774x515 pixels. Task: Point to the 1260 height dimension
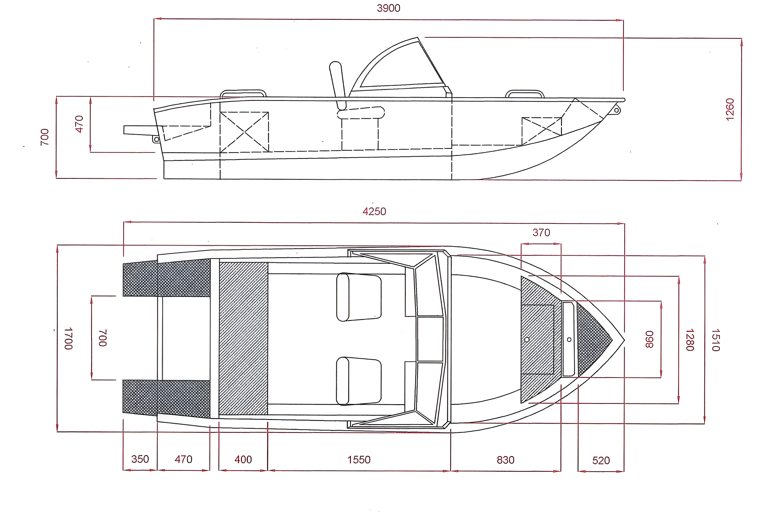[x=730, y=109]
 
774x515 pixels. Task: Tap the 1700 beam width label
[x=68, y=338]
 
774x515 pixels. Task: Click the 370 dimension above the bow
[x=541, y=233]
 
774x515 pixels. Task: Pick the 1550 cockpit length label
[x=359, y=459]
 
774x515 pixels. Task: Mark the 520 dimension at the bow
[x=601, y=460]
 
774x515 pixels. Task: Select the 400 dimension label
[x=243, y=459]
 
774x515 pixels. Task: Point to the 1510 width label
[x=715, y=340]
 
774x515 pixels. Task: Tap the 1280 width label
[x=690, y=340]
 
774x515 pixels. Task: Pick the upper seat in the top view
[x=359, y=297]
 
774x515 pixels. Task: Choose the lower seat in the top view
[x=359, y=381]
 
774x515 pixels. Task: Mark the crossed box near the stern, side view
[x=244, y=132]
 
